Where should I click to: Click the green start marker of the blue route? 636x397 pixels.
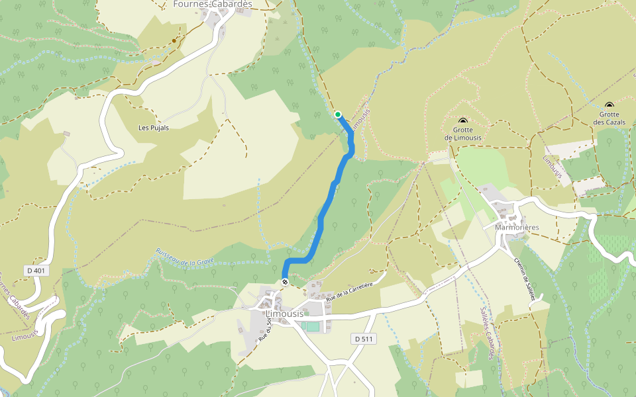click(338, 114)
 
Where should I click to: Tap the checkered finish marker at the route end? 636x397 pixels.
click(285, 283)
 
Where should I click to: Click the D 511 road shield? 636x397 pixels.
click(364, 339)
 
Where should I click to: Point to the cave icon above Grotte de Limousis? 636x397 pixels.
click(462, 121)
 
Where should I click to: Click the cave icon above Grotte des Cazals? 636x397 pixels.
click(609, 105)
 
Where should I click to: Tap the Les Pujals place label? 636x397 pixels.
click(153, 127)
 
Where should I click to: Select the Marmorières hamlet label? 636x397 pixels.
click(517, 227)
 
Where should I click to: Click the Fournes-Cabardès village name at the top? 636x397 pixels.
click(212, 4)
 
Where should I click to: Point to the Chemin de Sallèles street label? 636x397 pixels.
click(523, 278)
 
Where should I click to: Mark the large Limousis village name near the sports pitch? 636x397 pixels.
click(284, 313)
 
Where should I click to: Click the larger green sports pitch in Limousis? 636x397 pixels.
click(313, 326)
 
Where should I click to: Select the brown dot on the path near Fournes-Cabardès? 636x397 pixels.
click(174, 40)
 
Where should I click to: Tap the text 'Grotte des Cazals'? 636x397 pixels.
click(609, 118)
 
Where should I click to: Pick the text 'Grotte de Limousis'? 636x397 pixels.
click(462, 134)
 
